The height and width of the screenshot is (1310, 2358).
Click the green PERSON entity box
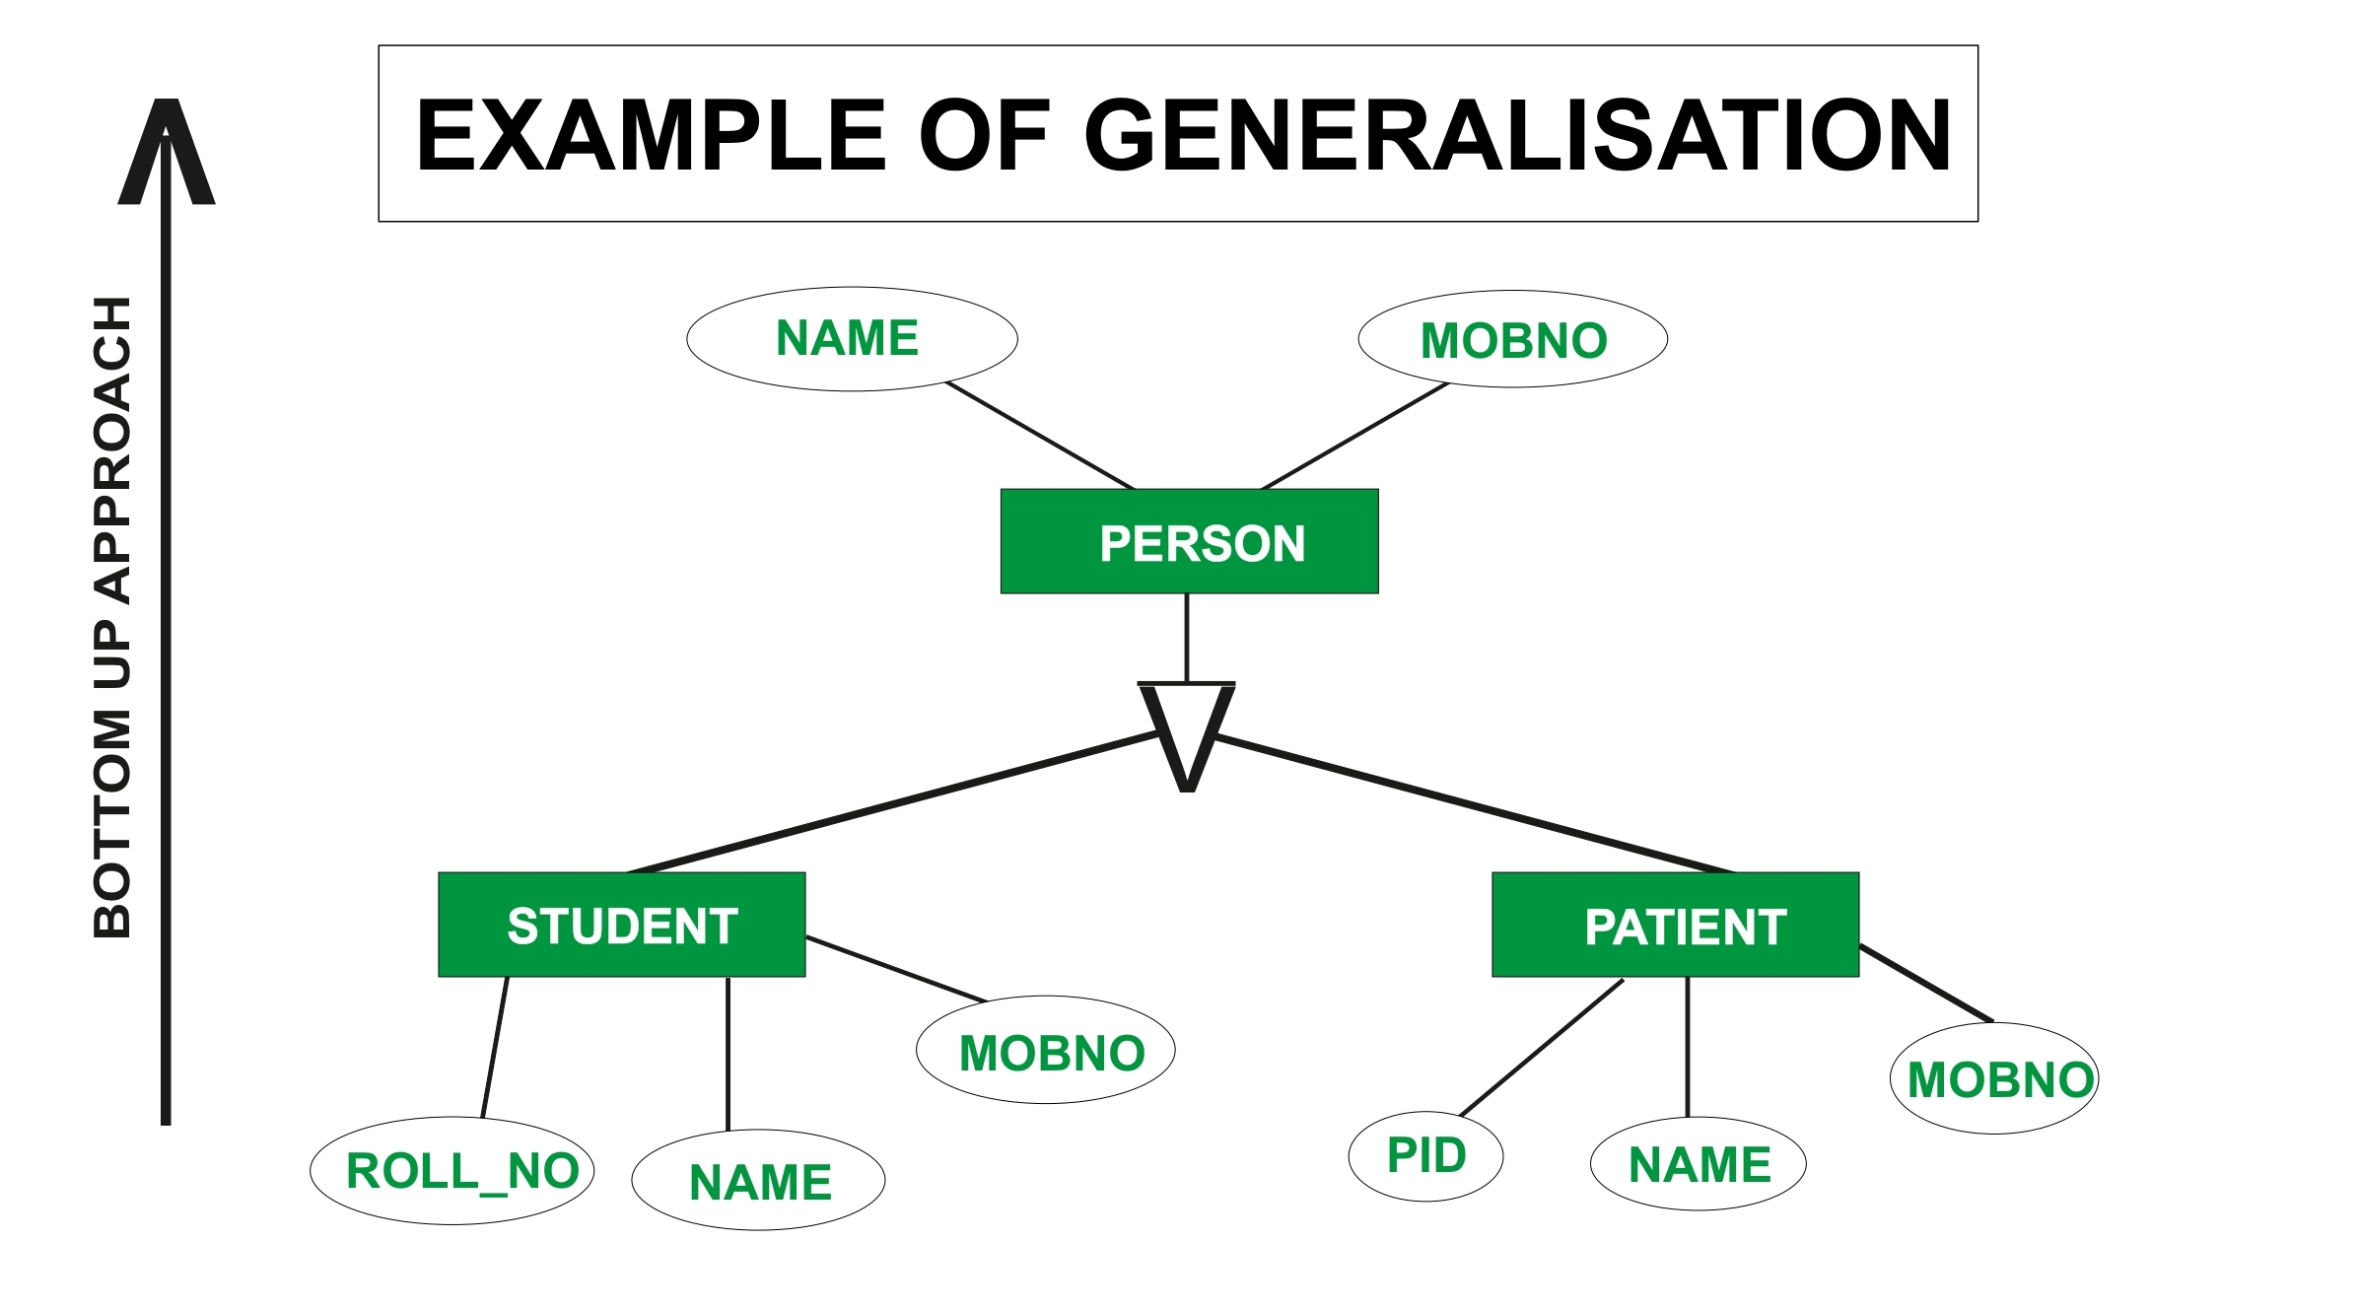[1189, 541]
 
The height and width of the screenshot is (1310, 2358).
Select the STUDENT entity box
[621, 925]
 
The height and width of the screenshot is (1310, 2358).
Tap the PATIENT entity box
[1675, 925]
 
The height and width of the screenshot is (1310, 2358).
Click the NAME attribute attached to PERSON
[852, 339]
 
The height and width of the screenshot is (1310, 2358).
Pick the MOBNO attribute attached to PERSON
[1512, 339]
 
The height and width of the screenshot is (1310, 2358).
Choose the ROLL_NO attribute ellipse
[451, 1171]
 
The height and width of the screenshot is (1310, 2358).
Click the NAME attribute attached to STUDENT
[758, 1180]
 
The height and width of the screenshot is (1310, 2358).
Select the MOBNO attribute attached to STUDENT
[1045, 1051]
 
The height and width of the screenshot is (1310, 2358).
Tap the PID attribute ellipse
[1425, 1155]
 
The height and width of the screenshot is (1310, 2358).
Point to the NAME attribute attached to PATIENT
[1698, 1164]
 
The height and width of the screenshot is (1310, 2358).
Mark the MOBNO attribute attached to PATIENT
[1993, 1079]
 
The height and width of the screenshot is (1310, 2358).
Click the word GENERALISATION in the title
[1517, 135]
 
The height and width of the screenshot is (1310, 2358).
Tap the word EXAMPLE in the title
[652, 135]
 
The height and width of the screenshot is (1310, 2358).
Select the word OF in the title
[984, 135]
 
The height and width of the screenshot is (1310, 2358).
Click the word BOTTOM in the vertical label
[112, 823]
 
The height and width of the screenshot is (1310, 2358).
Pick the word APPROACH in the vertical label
[112, 449]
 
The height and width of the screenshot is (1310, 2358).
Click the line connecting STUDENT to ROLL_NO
[495, 1047]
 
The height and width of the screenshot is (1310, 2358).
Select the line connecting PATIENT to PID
[1542, 1047]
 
